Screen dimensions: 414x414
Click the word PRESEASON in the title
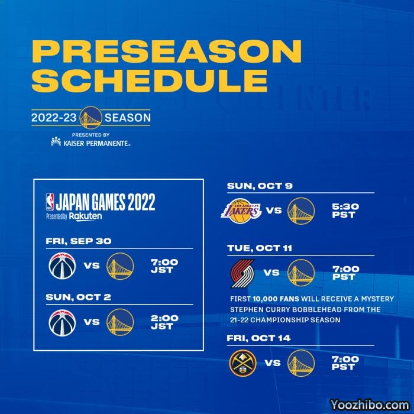tap(167, 51)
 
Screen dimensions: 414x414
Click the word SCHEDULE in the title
tap(150, 80)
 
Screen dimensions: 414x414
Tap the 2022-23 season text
tap(91, 118)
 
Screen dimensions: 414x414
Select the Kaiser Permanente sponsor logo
tap(90, 142)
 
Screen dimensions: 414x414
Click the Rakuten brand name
tap(85, 216)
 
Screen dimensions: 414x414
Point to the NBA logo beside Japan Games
tap(50, 202)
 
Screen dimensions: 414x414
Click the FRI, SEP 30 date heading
tap(79, 241)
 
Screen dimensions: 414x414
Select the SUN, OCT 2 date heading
tap(78, 297)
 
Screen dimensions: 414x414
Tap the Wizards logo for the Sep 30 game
tap(62, 266)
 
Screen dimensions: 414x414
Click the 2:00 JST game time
tap(164, 322)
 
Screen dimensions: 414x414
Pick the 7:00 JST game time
tap(164, 266)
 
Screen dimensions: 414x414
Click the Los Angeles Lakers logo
tap(241, 211)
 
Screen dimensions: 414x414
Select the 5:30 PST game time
tap(345, 211)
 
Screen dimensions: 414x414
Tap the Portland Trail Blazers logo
tap(242, 273)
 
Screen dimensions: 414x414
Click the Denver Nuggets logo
tap(242, 363)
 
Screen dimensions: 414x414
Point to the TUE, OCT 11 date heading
tap(260, 248)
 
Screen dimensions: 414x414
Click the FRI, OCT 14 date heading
tap(258, 338)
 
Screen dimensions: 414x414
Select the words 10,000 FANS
tap(276, 299)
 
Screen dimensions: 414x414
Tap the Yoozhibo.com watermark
tap(370, 405)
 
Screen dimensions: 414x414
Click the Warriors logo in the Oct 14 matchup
tap(301, 363)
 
